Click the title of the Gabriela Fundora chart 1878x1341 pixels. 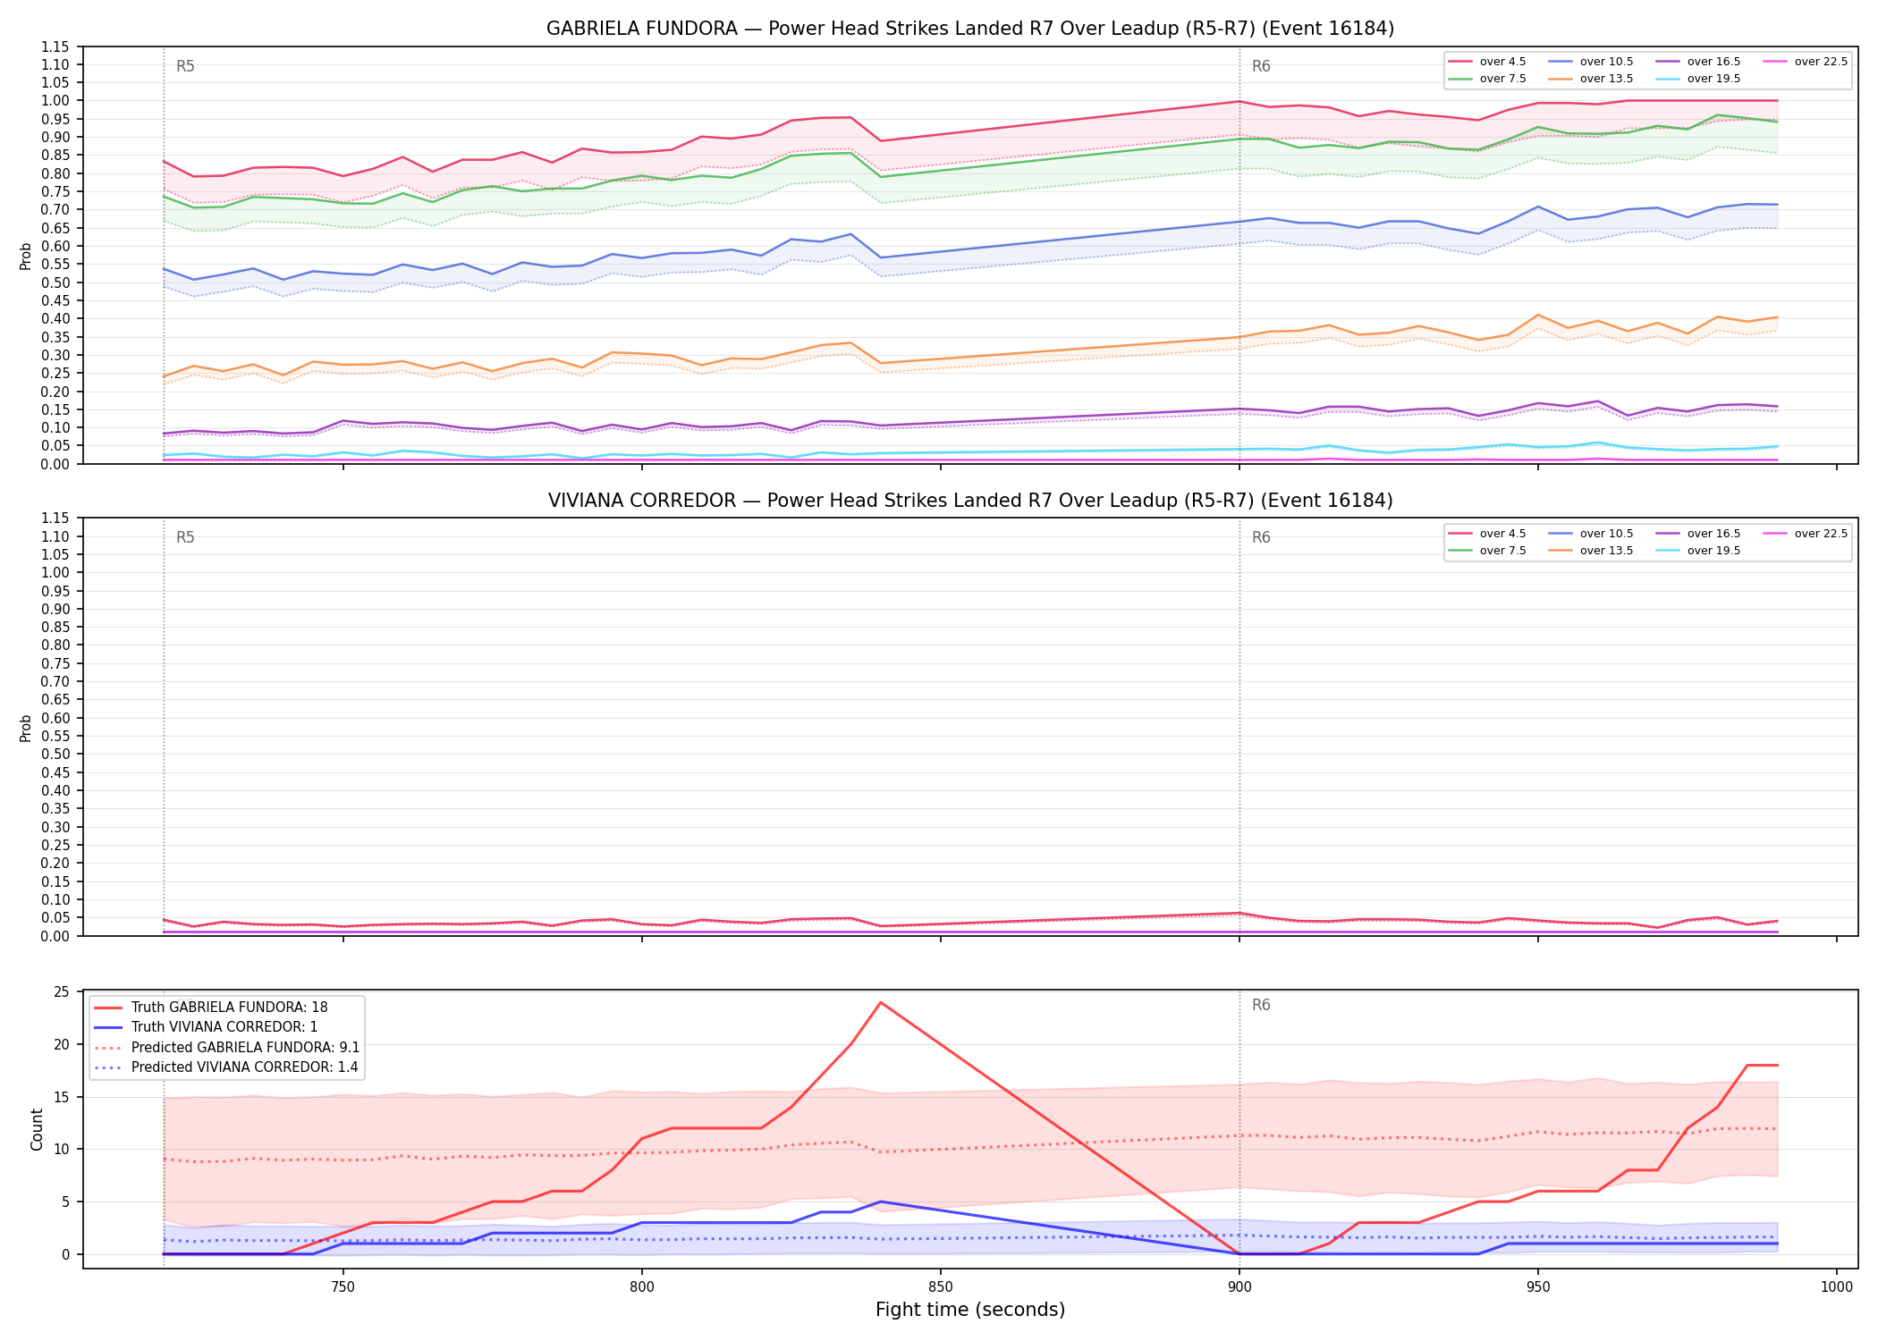point(970,29)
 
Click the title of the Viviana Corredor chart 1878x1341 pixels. point(970,501)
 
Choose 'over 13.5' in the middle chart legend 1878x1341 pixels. point(1591,551)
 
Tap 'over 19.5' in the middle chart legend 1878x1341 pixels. point(1698,551)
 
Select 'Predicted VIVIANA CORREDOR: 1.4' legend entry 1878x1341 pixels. point(226,1067)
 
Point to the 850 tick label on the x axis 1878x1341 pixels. point(940,1287)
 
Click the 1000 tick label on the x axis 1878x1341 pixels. point(1836,1287)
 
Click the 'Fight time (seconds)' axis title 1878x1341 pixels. point(970,1311)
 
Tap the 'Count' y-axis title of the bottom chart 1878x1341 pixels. point(37,1129)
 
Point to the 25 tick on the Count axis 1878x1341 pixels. point(62,992)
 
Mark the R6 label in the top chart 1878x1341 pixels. point(1261,66)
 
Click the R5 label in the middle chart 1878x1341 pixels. point(185,538)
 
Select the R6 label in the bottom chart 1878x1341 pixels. point(1261,1006)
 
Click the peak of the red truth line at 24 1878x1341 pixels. point(881,1002)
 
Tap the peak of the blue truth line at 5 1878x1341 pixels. point(881,1202)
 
